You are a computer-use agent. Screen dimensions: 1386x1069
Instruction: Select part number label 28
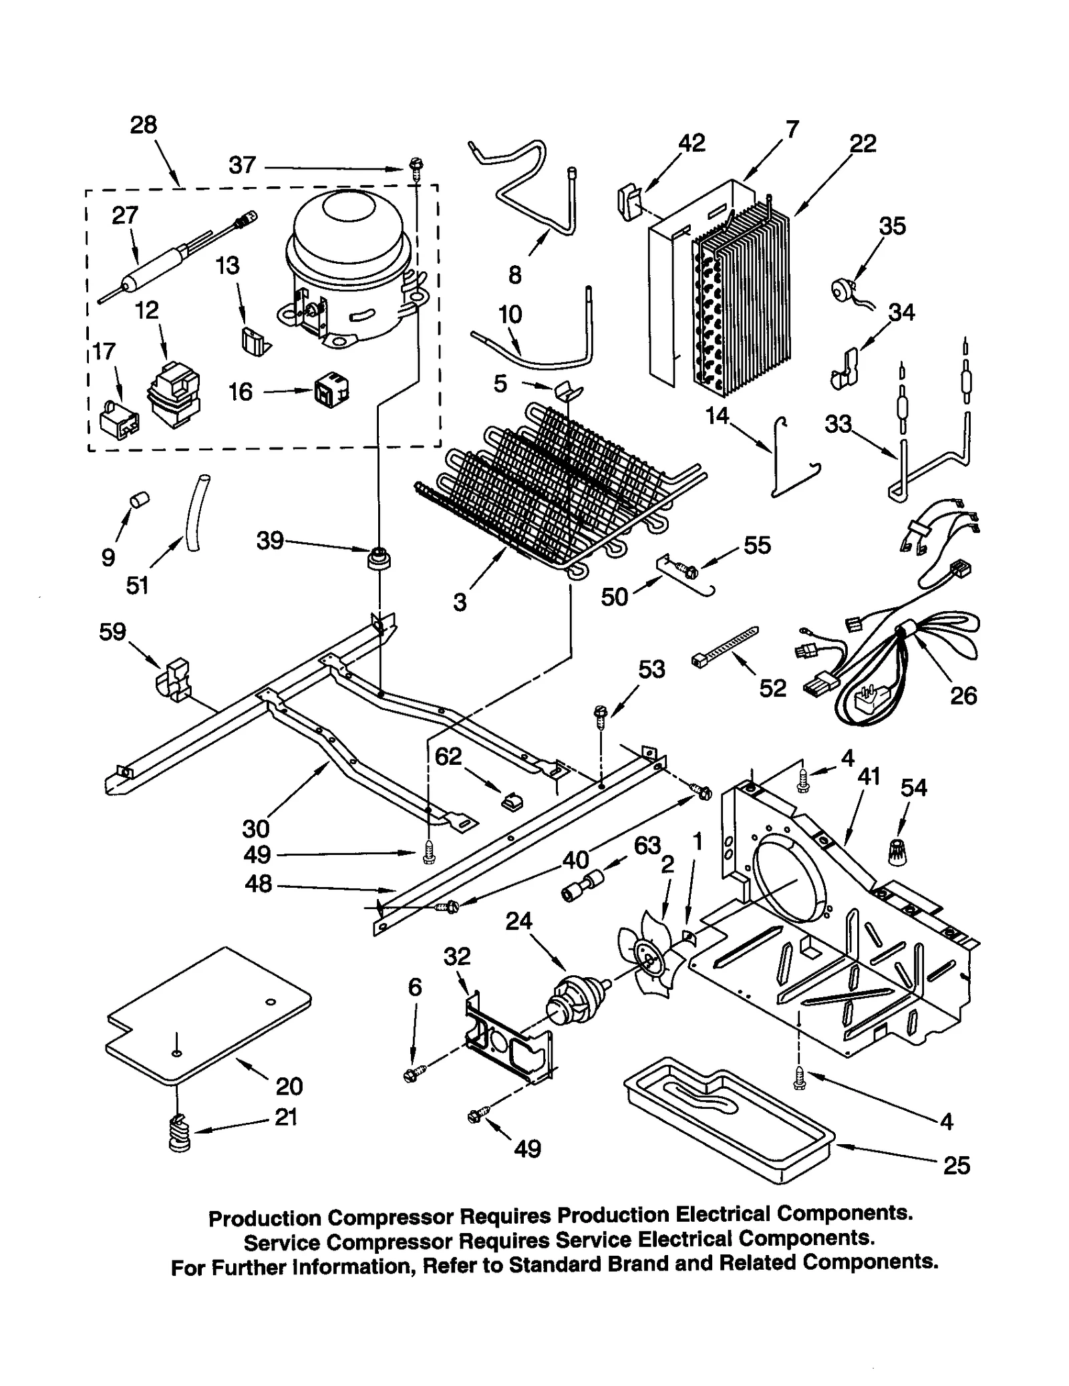tap(143, 125)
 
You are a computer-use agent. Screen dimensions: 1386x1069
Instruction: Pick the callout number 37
tap(242, 165)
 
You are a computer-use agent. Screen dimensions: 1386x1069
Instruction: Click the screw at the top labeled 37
tap(416, 164)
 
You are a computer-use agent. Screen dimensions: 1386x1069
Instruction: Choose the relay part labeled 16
tap(332, 391)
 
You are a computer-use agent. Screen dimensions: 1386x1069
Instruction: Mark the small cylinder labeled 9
tap(139, 500)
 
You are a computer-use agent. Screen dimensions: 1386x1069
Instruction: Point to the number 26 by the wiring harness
tap(963, 695)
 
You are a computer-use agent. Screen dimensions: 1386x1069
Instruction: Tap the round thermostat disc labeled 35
tap(843, 289)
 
